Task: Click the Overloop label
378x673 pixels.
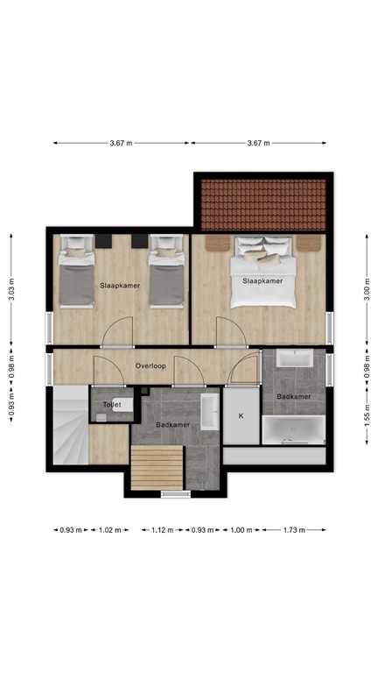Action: (x=150, y=365)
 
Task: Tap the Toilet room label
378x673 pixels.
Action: (x=112, y=405)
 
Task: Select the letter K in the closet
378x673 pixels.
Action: (x=241, y=415)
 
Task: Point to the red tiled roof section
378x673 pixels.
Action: (x=263, y=204)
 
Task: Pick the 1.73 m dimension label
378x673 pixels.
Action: (x=293, y=529)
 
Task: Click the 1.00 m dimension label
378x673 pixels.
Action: (x=238, y=529)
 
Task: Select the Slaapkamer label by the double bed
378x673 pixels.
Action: (x=262, y=281)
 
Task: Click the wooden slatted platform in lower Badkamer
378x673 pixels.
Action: (x=157, y=468)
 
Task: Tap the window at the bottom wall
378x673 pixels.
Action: (x=175, y=494)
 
